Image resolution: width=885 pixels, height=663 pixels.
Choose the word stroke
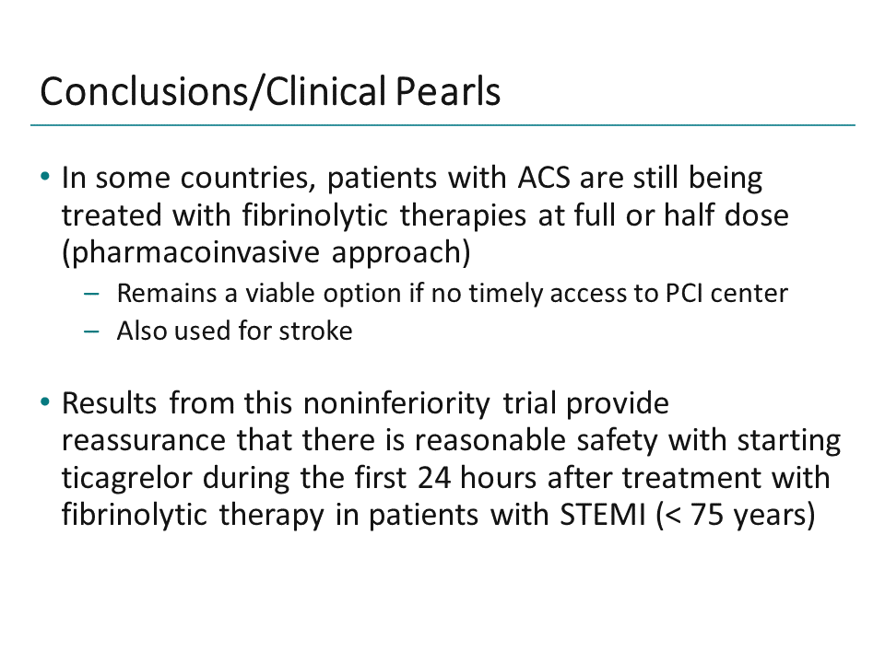[316, 331]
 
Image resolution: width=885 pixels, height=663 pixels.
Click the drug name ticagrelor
[119, 479]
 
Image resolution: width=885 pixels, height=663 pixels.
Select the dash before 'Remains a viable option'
[90, 295]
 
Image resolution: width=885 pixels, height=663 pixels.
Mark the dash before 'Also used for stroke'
[90, 331]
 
